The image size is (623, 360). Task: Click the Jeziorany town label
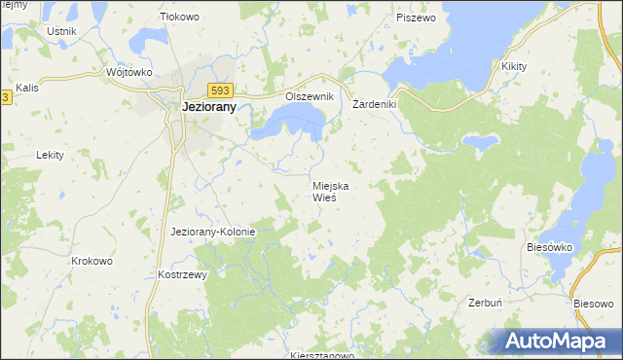click(209, 108)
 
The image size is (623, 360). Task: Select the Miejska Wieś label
click(331, 191)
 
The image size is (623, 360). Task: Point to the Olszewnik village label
click(310, 97)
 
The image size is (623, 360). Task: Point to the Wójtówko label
click(129, 72)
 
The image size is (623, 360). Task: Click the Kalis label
click(27, 88)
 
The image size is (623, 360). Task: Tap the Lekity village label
click(50, 155)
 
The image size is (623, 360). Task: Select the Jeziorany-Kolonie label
click(212, 232)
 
